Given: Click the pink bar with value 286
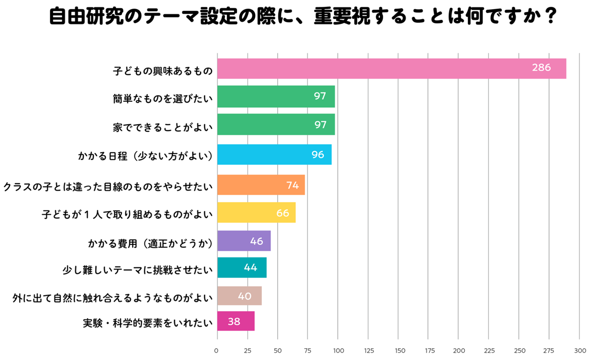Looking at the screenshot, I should tap(391, 69).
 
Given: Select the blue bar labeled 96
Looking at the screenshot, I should tap(274, 154).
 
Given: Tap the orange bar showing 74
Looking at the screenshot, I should tap(261, 185).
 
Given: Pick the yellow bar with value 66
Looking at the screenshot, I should tap(256, 213).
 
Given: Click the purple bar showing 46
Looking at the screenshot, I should tap(244, 241).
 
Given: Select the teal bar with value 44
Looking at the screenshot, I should tap(242, 267).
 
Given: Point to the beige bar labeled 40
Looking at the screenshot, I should tap(239, 296).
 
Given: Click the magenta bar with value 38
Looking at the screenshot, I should tap(236, 322).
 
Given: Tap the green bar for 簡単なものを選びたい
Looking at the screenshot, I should tap(276, 96).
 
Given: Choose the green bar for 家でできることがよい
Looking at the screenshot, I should tap(276, 124).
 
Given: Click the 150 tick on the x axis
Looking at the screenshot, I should tap(398, 350).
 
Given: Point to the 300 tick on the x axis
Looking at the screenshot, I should tap(579, 350).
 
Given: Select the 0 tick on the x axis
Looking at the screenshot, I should tap(217, 350).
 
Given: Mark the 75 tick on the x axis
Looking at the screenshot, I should tap(308, 350).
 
